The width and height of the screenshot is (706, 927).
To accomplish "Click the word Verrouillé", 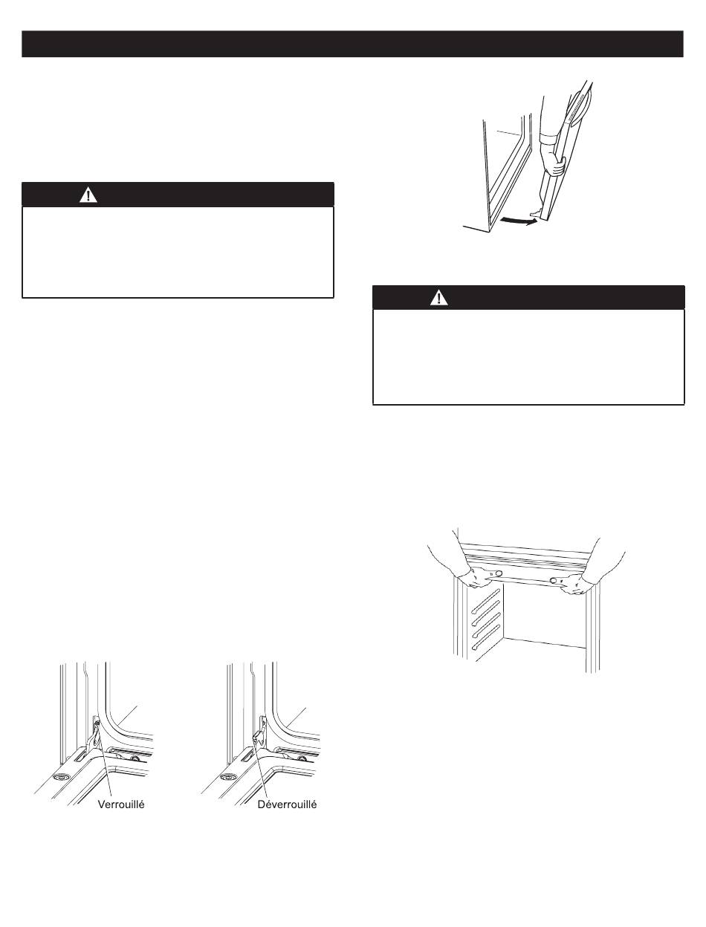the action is pyautogui.click(x=121, y=804).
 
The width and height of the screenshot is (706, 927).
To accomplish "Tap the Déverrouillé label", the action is pyautogui.click(x=288, y=804).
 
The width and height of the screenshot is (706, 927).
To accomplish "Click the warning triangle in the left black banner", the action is pyautogui.click(x=88, y=195).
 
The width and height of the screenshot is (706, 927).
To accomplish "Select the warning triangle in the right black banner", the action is pyautogui.click(x=439, y=298).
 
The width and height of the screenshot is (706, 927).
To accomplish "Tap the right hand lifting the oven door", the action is pyautogui.click(x=575, y=584).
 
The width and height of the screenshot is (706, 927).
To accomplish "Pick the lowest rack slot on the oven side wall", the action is pyautogui.click(x=485, y=638).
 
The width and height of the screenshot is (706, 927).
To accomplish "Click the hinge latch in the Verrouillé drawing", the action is pyautogui.click(x=95, y=735).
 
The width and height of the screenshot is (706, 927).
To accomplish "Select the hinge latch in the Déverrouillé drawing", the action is pyautogui.click(x=259, y=735).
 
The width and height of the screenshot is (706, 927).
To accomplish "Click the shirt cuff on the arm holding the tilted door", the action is pyautogui.click(x=551, y=140).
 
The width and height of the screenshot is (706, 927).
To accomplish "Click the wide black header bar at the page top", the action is pyautogui.click(x=352, y=44).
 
